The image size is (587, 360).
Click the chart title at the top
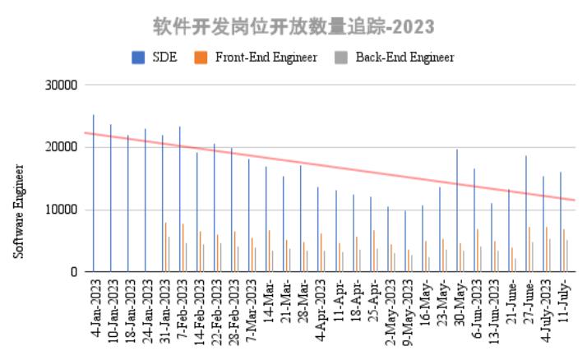293,26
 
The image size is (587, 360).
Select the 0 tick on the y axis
73,272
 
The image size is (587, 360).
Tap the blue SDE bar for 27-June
526,214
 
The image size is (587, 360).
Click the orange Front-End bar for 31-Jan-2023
165,247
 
